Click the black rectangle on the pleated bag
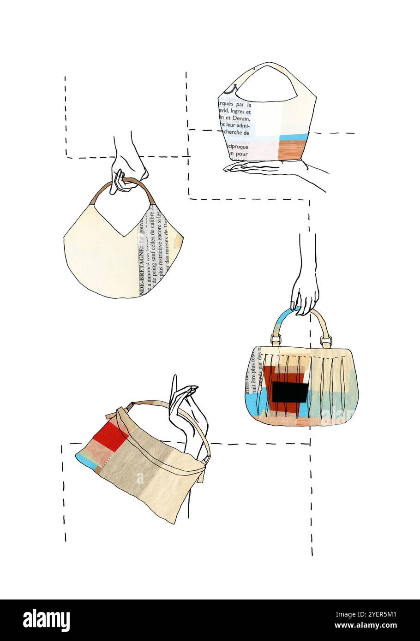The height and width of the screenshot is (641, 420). [289, 392]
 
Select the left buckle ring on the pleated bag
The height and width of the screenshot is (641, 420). [276, 340]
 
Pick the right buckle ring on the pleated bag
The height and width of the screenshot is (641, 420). [326, 342]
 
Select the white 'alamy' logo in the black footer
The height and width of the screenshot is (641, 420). [46, 620]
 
